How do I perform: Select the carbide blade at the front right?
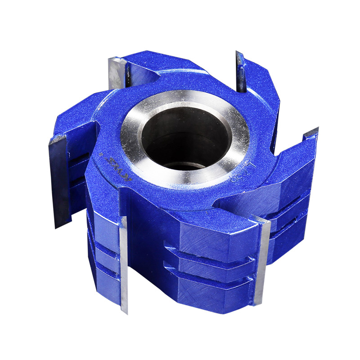point(261,261)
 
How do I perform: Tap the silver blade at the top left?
point(117,72)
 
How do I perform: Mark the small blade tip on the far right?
point(310,133)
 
